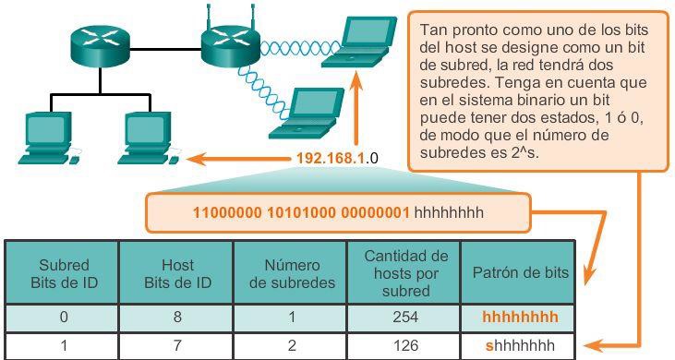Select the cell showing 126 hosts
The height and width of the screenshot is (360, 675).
coord(403,346)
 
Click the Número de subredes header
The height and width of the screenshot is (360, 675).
coord(292,273)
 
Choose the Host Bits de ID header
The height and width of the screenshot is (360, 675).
coord(175,273)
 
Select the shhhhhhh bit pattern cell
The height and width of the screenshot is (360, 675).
coord(520,346)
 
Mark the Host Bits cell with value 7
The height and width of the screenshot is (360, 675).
coord(175,346)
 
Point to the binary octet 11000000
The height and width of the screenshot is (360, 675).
coord(223,212)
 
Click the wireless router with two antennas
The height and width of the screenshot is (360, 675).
coord(225,42)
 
